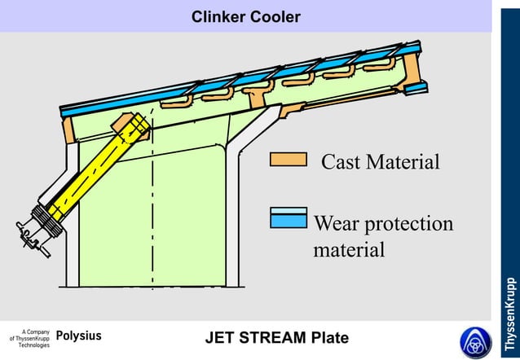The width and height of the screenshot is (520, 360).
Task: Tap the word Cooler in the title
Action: [275, 16]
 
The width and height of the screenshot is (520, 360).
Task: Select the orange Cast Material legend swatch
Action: [288, 160]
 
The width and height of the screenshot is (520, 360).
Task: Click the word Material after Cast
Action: [403, 162]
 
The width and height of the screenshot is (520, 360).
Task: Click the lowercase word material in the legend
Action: [349, 249]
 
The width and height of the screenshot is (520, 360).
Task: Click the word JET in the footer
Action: [220, 338]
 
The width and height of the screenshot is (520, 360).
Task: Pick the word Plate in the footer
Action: [330, 338]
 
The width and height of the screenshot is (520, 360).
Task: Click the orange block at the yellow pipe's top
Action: [132, 126]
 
